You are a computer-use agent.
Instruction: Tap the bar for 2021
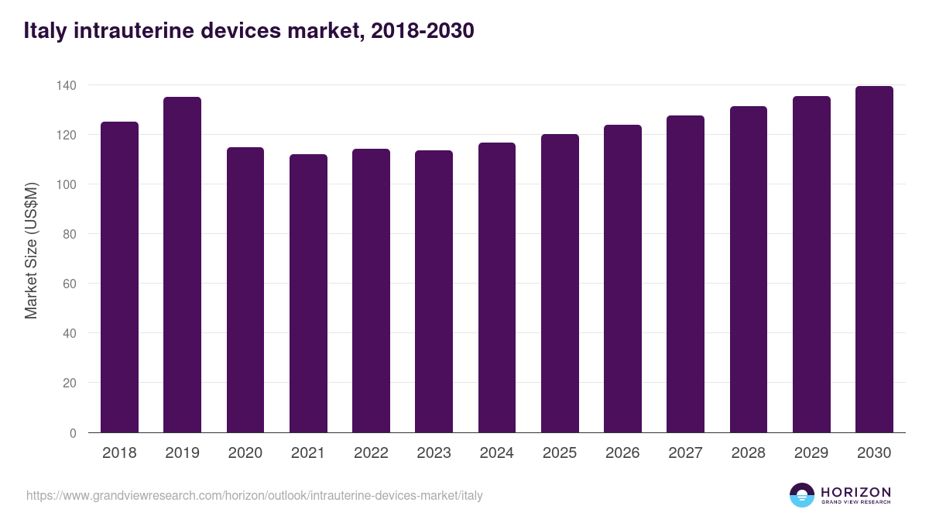click(308, 294)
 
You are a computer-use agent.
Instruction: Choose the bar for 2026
click(622, 279)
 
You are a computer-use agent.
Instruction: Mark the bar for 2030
click(874, 260)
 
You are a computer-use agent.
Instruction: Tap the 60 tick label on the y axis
click(70, 284)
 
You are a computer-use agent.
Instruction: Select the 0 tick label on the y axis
click(73, 433)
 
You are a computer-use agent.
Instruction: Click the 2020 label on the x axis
click(245, 453)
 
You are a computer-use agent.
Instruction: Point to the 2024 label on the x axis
click(496, 453)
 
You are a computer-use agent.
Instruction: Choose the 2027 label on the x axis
click(685, 453)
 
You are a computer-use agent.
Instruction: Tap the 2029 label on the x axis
click(811, 453)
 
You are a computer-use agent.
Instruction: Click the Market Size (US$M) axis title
click(31, 249)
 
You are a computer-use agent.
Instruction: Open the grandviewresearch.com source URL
click(254, 495)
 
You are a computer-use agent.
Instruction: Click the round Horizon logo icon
click(801, 495)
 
